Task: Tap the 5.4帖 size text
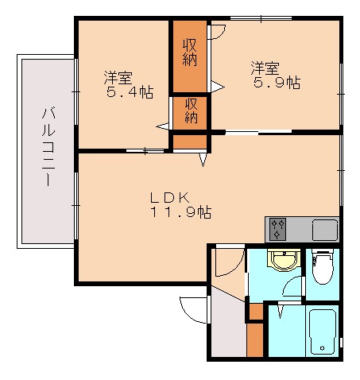point(130,92)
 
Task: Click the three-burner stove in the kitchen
point(277,230)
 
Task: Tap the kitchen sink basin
point(326,230)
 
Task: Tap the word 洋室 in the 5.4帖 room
point(118,78)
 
